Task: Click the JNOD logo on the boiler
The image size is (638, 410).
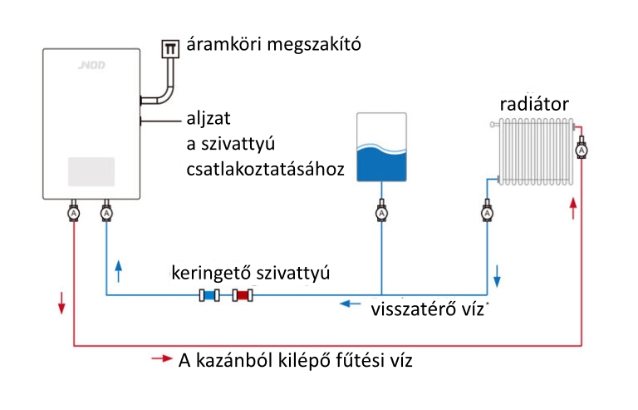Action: click(91, 65)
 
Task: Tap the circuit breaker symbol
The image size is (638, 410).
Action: click(170, 49)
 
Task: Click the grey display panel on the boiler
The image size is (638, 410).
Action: click(91, 171)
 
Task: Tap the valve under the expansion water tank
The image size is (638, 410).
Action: click(381, 211)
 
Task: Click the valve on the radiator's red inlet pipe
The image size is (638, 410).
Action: click(582, 148)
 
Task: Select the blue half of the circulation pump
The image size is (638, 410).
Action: click(209, 295)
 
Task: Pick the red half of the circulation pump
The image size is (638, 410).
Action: click(243, 295)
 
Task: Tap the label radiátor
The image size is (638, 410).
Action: click(534, 104)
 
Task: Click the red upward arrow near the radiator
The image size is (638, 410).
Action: click(573, 209)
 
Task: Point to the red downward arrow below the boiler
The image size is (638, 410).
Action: click(61, 303)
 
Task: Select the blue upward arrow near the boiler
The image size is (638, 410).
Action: click(119, 271)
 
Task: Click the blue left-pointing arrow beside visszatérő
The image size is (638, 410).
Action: click(351, 304)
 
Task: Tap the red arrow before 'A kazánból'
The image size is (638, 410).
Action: click(162, 358)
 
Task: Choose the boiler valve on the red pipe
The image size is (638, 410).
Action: click(74, 211)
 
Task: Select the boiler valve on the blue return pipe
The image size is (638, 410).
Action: click(106, 211)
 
